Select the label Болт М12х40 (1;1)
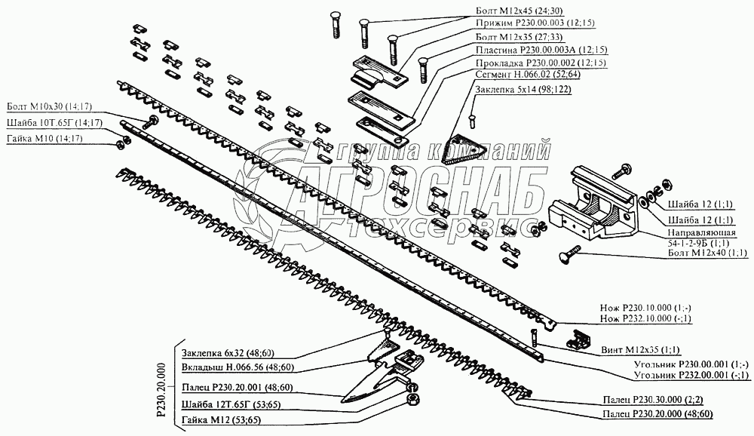[708, 253]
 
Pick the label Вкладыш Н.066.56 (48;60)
[238, 367]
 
